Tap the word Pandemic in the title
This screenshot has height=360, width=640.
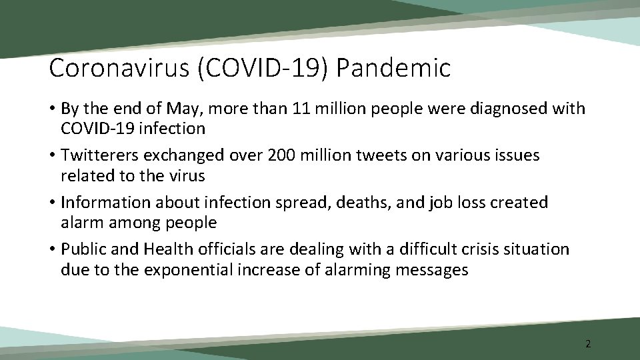tap(395, 68)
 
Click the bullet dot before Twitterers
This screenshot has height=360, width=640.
tap(53, 156)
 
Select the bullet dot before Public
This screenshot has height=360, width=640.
tap(53, 250)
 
